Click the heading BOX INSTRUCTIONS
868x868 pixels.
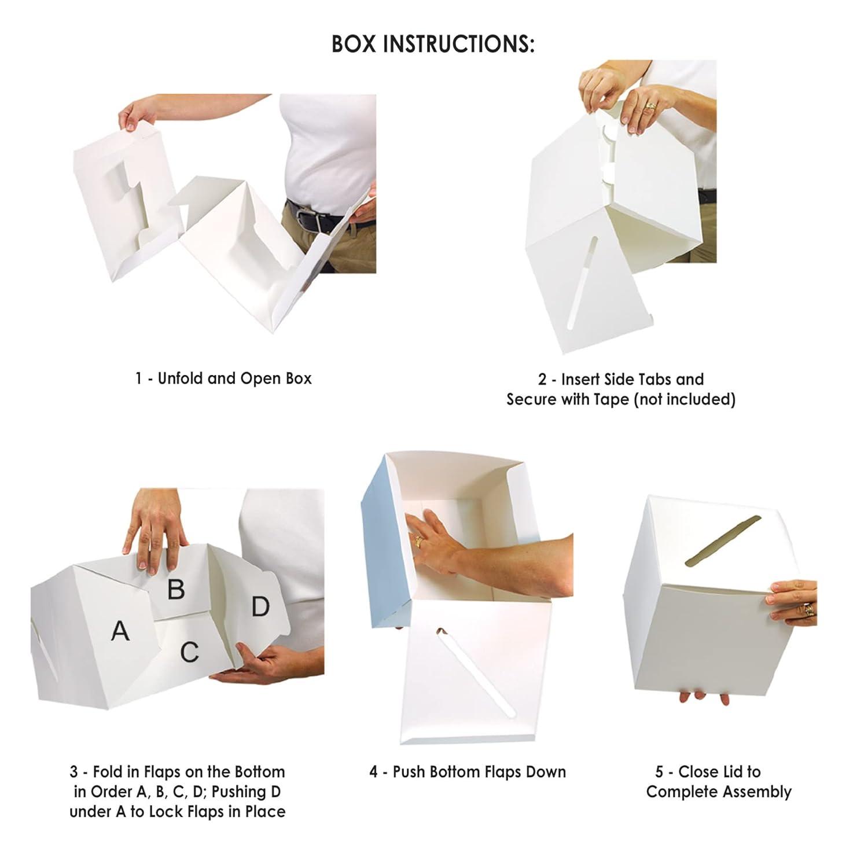point(433,44)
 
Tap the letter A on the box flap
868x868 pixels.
point(120,631)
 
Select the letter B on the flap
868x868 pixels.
point(176,589)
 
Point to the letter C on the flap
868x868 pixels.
point(189,652)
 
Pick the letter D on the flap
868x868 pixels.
point(260,606)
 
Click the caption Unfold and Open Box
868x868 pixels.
point(223,378)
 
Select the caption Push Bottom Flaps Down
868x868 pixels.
point(468,772)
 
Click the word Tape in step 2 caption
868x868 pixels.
point(613,399)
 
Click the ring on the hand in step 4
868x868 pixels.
point(418,541)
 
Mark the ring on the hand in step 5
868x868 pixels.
point(808,608)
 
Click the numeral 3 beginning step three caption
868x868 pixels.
point(73,772)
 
